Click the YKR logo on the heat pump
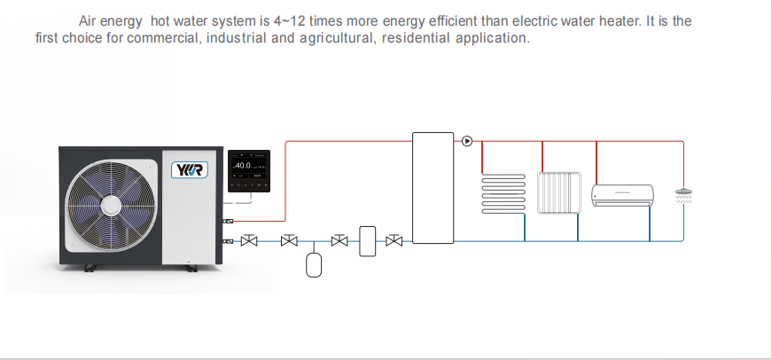(x=190, y=170)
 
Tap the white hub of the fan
(x=112, y=206)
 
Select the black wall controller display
(x=249, y=171)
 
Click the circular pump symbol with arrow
(x=467, y=141)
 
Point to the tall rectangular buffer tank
(x=433, y=188)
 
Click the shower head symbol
(x=683, y=195)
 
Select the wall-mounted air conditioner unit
(x=622, y=195)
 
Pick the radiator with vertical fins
(x=558, y=192)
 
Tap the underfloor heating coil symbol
(x=503, y=193)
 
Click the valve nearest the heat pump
(x=249, y=240)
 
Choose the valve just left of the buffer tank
(x=394, y=240)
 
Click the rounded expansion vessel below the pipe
(x=314, y=265)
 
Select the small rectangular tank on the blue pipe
(x=367, y=241)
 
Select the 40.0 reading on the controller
(x=243, y=166)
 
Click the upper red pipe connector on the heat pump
(x=228, y=221)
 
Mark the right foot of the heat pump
(x=191, y=269)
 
